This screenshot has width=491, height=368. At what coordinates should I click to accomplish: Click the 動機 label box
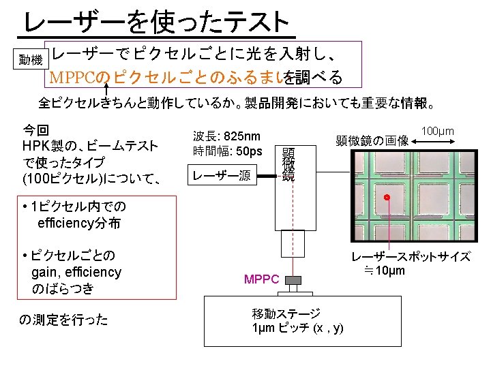click(x=31, y=60)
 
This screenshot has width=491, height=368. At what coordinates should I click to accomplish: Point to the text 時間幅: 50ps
click(x=227, y=151)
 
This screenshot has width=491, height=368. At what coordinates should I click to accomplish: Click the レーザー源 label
click(x=221, y=177)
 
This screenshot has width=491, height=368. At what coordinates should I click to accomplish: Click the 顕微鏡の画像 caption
click(x=372, y=141)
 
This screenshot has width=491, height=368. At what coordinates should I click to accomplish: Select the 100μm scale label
click(x=438, y=130)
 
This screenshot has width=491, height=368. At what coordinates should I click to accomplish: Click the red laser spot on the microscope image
click(x=387, y=198)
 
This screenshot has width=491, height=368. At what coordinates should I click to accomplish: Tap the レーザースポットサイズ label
click(x=411, y=257)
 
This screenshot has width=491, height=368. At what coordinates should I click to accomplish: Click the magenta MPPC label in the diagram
click(x=262, y=279)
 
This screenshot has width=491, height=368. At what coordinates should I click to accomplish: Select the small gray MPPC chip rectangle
click(x=293, y=279)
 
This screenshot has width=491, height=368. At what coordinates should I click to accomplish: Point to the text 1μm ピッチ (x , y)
click(x=298, y=328)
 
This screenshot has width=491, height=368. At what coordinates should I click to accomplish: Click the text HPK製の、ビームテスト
click(x=90, y=146)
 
